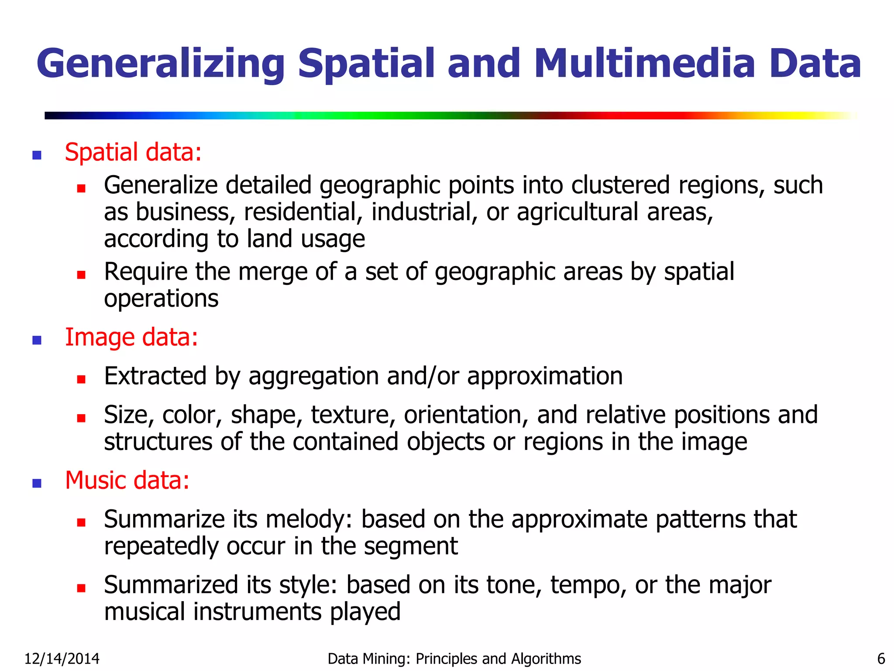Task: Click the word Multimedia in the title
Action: (644, 64)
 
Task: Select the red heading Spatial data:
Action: (133, 152)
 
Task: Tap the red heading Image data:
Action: (131, 338)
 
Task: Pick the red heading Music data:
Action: (127, 481)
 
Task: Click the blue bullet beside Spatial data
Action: (37, 155)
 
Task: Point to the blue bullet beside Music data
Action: (37, 483)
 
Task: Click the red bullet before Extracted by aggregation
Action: (81, 379)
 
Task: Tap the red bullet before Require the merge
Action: (81, 275)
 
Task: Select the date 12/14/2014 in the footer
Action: (62, 659)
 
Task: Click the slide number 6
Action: (881, 659)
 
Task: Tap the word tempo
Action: (588, 585)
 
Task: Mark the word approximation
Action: (545, 377)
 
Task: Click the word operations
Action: (161, 299)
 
